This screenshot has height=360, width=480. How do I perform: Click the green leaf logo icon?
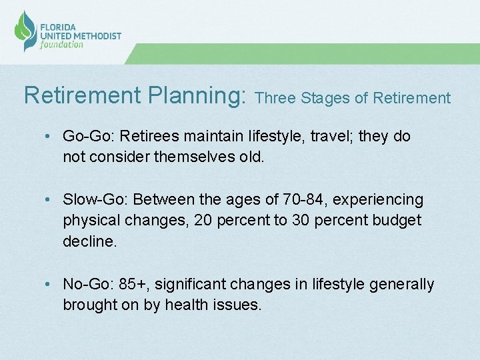tap(25, 30)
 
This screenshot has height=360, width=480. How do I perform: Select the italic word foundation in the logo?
tap(62, 45)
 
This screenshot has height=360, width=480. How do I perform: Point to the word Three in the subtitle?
tap(275, 98)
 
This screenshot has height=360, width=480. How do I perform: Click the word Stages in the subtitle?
tap(325, 99)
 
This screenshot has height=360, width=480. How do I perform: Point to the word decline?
tap(89, 241)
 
